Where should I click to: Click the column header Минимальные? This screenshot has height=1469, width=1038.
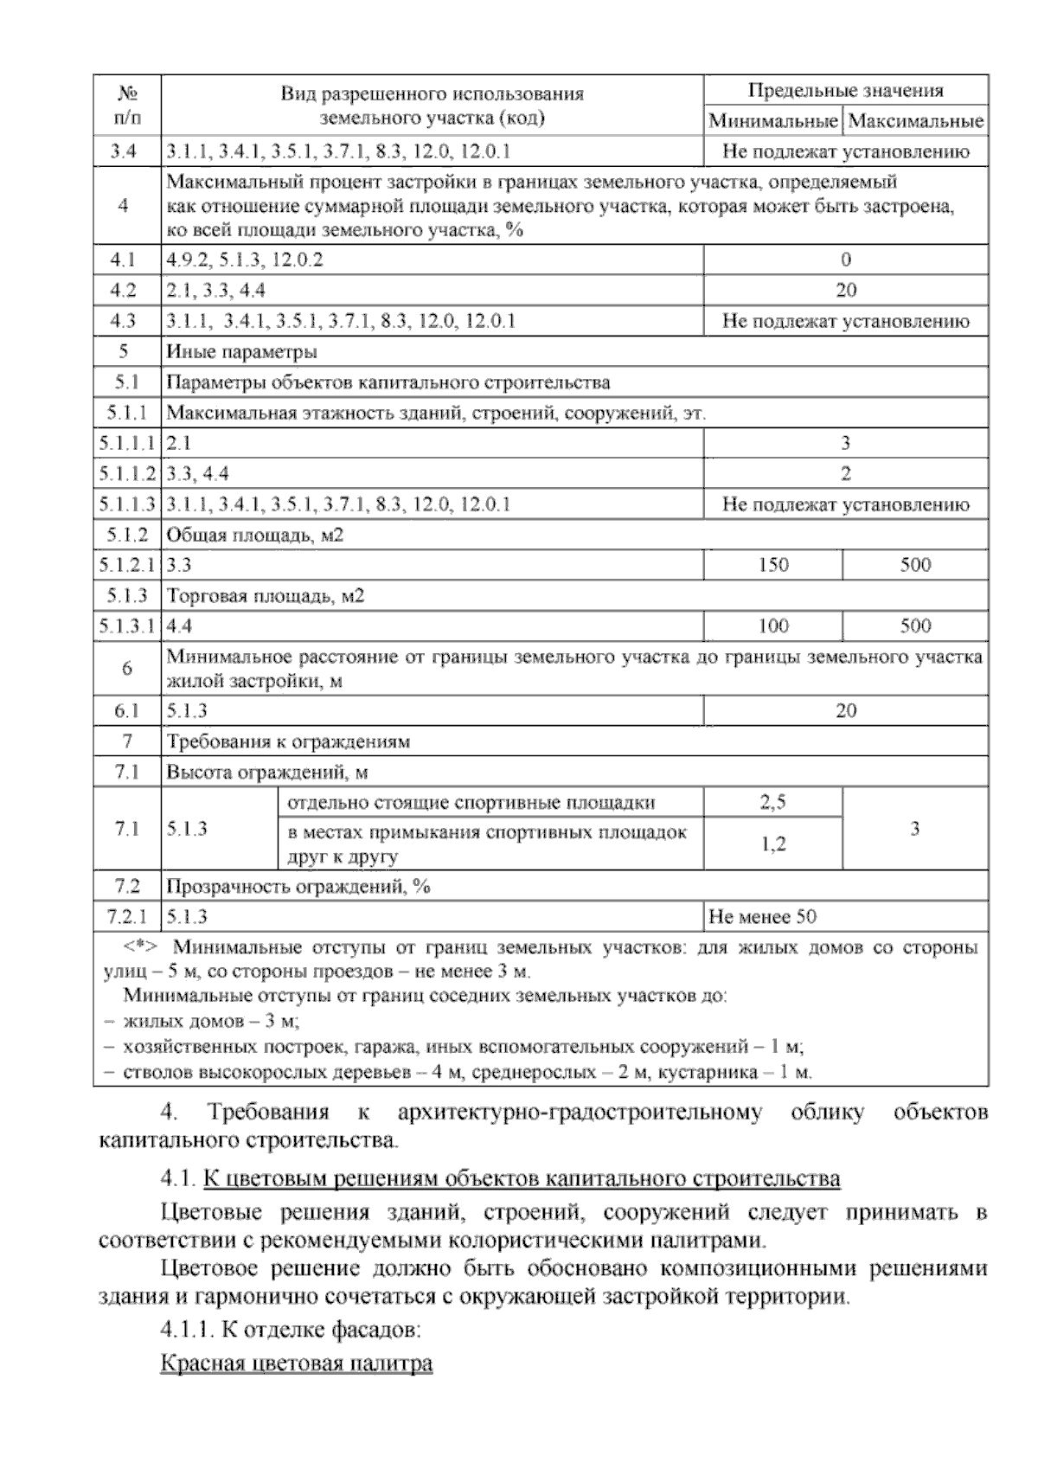pos(773,121)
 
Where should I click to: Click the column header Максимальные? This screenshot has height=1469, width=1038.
pos(916,121)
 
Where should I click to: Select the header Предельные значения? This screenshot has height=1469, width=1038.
pos(845,91)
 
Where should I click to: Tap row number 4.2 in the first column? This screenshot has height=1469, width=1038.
pos(126,291)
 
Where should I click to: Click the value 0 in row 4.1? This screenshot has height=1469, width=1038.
pos(845,260)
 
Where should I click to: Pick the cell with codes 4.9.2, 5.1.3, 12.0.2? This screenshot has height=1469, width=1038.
pos(245,260)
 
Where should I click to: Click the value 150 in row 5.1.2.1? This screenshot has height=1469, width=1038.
pos(773,565)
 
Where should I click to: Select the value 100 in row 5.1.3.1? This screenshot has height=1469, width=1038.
pos(773,625)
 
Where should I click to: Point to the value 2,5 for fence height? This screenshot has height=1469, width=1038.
pos(773,802)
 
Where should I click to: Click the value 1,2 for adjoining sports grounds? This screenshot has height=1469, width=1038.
pos(773,844)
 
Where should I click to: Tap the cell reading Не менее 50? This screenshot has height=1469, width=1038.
pos(761,917)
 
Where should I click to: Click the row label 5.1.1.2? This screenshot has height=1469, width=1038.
pos(126,474)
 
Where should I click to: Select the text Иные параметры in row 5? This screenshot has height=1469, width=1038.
pos(241,352)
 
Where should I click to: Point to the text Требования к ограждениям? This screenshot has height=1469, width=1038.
pos(288,741)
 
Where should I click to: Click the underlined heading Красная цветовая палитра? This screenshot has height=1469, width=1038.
pos(297,1364)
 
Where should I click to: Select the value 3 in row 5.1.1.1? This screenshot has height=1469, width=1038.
pos(845,444)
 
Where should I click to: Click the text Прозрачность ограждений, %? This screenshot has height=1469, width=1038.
pos(298,887)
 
